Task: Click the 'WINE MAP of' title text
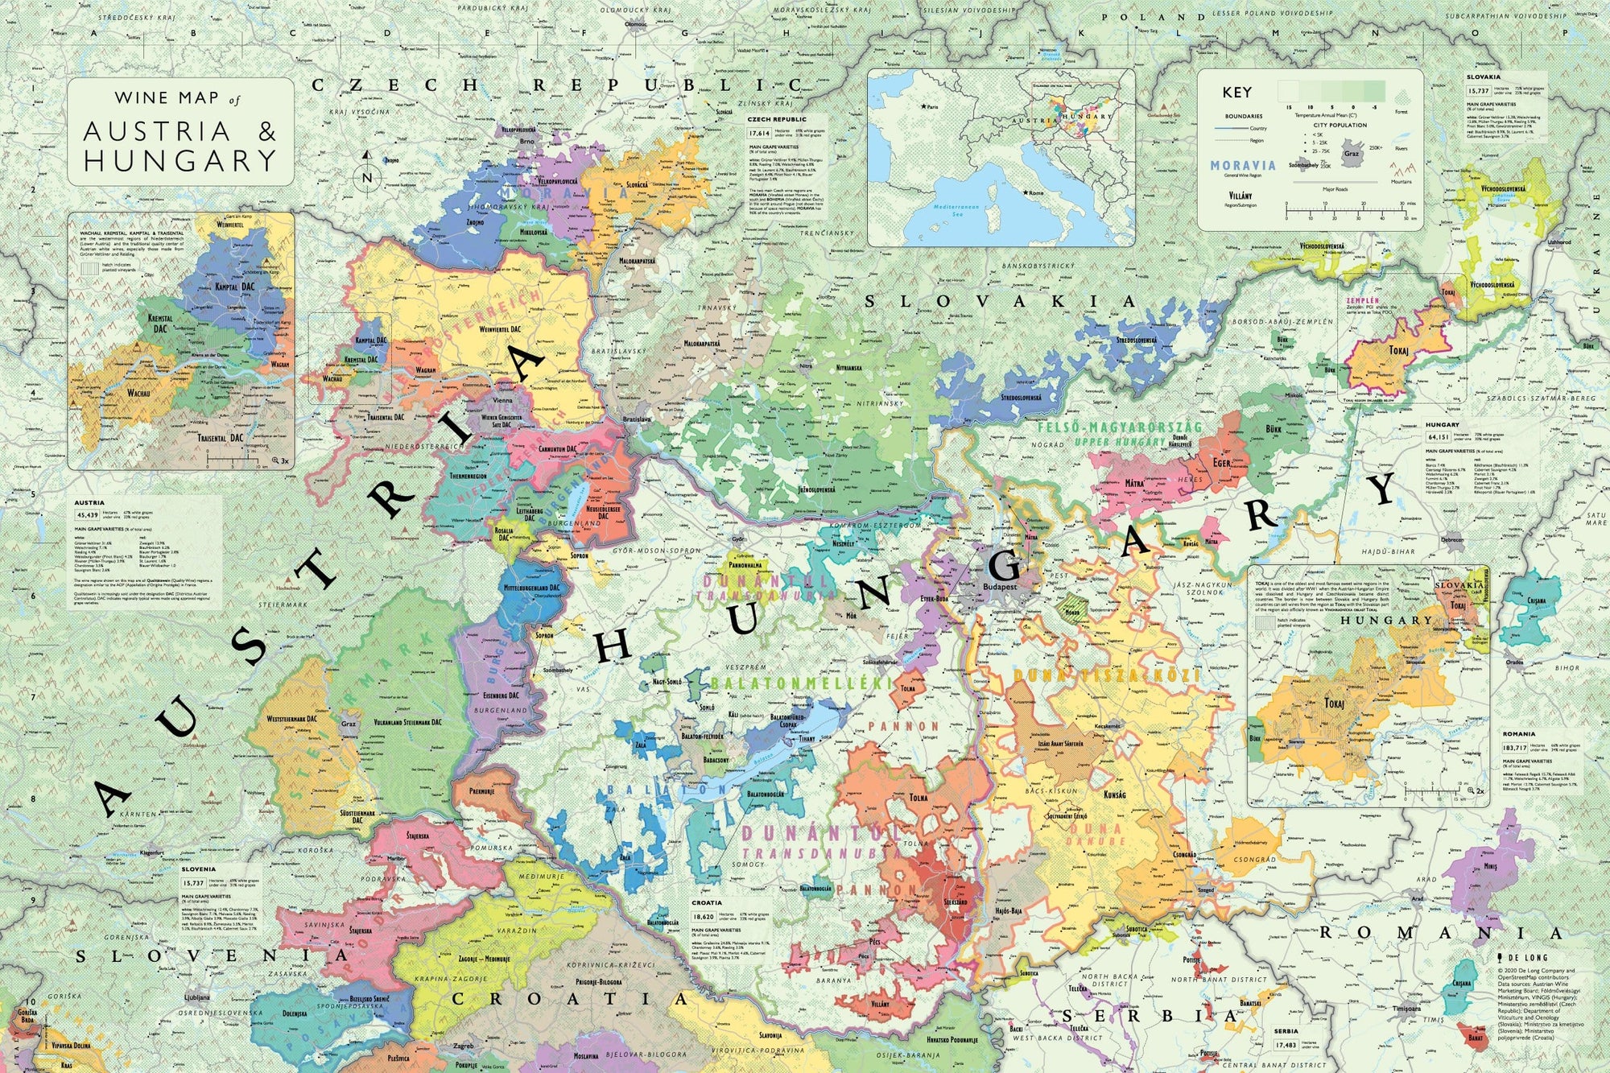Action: click(x=177, y=98)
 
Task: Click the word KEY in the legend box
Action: click(x=1236, y=93)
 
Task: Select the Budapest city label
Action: click(x=1000, y=587)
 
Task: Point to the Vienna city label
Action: click(x=502, y=400)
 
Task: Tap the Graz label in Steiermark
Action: click(x=349, y=723)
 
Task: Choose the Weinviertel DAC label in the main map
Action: click(x=503, y=329)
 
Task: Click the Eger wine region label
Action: click(x=1221, y=463)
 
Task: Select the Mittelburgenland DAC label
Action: click(x=531, y=588)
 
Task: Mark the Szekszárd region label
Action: click(x=956, y=902)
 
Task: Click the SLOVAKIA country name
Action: click(x=1000, y=302)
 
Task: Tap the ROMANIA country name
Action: click(x=1440, y=934)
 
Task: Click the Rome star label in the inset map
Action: click(x=1034, y=193)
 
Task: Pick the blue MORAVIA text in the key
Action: click(x=1242, y=165)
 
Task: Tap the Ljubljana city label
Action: click(x=196, y=997)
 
